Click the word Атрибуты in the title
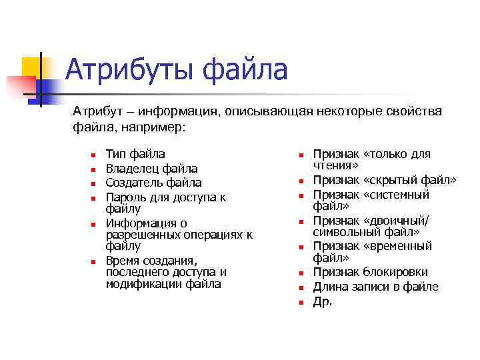pyautogui.click(x=130, y=70)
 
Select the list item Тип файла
pyautogui.click(x=135, y=155)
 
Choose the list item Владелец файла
pyautogui.click(x=151, y=169)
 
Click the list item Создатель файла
pyautogui.click(x=153, y=183)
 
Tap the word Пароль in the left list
pyautogui.click(x=127, y=197)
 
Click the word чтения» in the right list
pyautogui.click(x=336, y=165)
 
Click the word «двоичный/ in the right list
pyautogui.click(x=398, y=221)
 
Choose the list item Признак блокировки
pyautogui.click(x=371, y=272)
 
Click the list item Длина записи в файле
pyautogui.click(x=375, y=287)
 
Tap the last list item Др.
pyautogui.click(x=323, y=301)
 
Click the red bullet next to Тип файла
pyautogui.click(x=94, y=155)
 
